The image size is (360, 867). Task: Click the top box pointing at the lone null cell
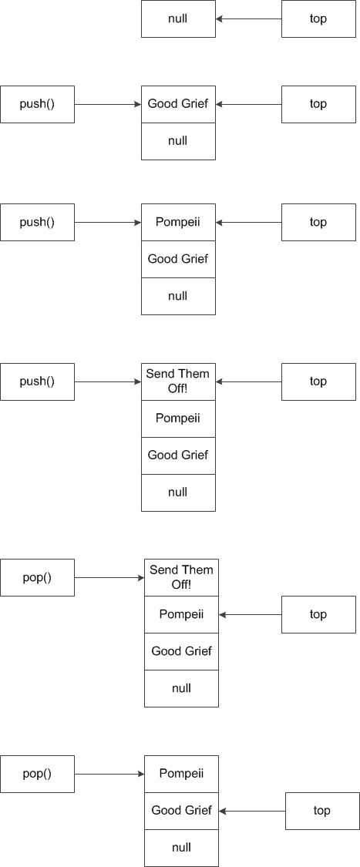[x=318, y=18]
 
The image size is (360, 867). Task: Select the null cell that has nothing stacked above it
[x=178, y=18]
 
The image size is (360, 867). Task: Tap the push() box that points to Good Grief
[x=37, y=104]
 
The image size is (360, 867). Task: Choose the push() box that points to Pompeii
[x=37, y=223]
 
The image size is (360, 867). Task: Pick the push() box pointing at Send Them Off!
[x=37, y=381]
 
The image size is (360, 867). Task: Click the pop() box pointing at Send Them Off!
[x=37, y=577]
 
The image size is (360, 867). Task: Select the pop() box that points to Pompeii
[x=37, y=774]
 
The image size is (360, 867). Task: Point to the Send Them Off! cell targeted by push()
[x=178, y=381]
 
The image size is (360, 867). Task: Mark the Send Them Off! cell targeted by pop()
[x=181, y=577]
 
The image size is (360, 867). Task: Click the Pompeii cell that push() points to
[x=178, y=223]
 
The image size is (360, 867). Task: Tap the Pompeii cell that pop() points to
[x=181, y=774]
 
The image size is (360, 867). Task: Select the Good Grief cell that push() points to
[x=178, y=104]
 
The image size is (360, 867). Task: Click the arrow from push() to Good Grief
[x=108, y=104]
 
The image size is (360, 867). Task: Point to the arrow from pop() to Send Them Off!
[x=109, y=577]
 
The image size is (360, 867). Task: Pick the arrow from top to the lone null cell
[x=248, y=18]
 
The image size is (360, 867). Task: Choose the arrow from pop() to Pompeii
[x=109, y=774]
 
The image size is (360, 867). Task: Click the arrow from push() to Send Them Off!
[x=108, y=381]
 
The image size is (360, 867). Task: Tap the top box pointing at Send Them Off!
[x=318, y=381]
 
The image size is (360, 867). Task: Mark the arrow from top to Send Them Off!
[x=248, y=381]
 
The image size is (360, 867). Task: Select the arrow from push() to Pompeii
[x=108, y=223]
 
